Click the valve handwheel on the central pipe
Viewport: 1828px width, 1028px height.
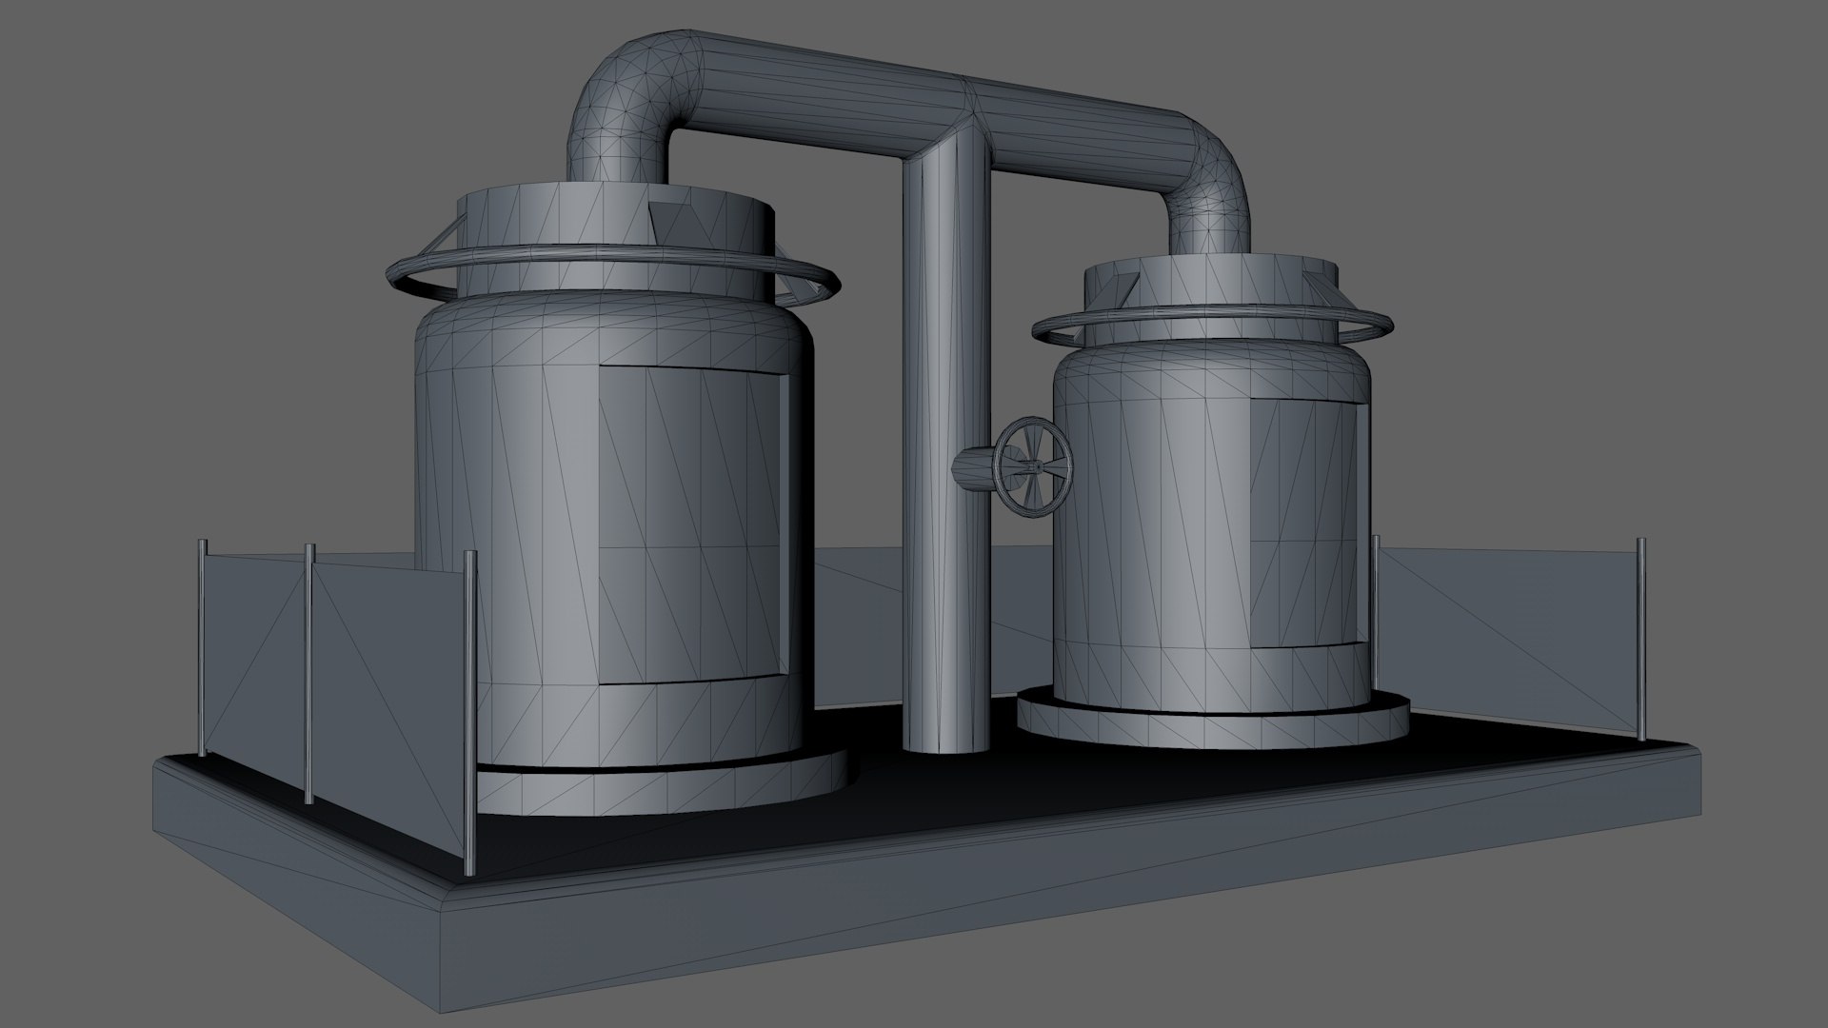point(1032,466)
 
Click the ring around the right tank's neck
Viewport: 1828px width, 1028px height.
point(1047,333)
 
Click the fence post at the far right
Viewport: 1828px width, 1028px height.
point(1641,638)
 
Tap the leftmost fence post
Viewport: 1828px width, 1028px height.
point(201,647)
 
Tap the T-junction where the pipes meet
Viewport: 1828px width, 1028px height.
point(962,124)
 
